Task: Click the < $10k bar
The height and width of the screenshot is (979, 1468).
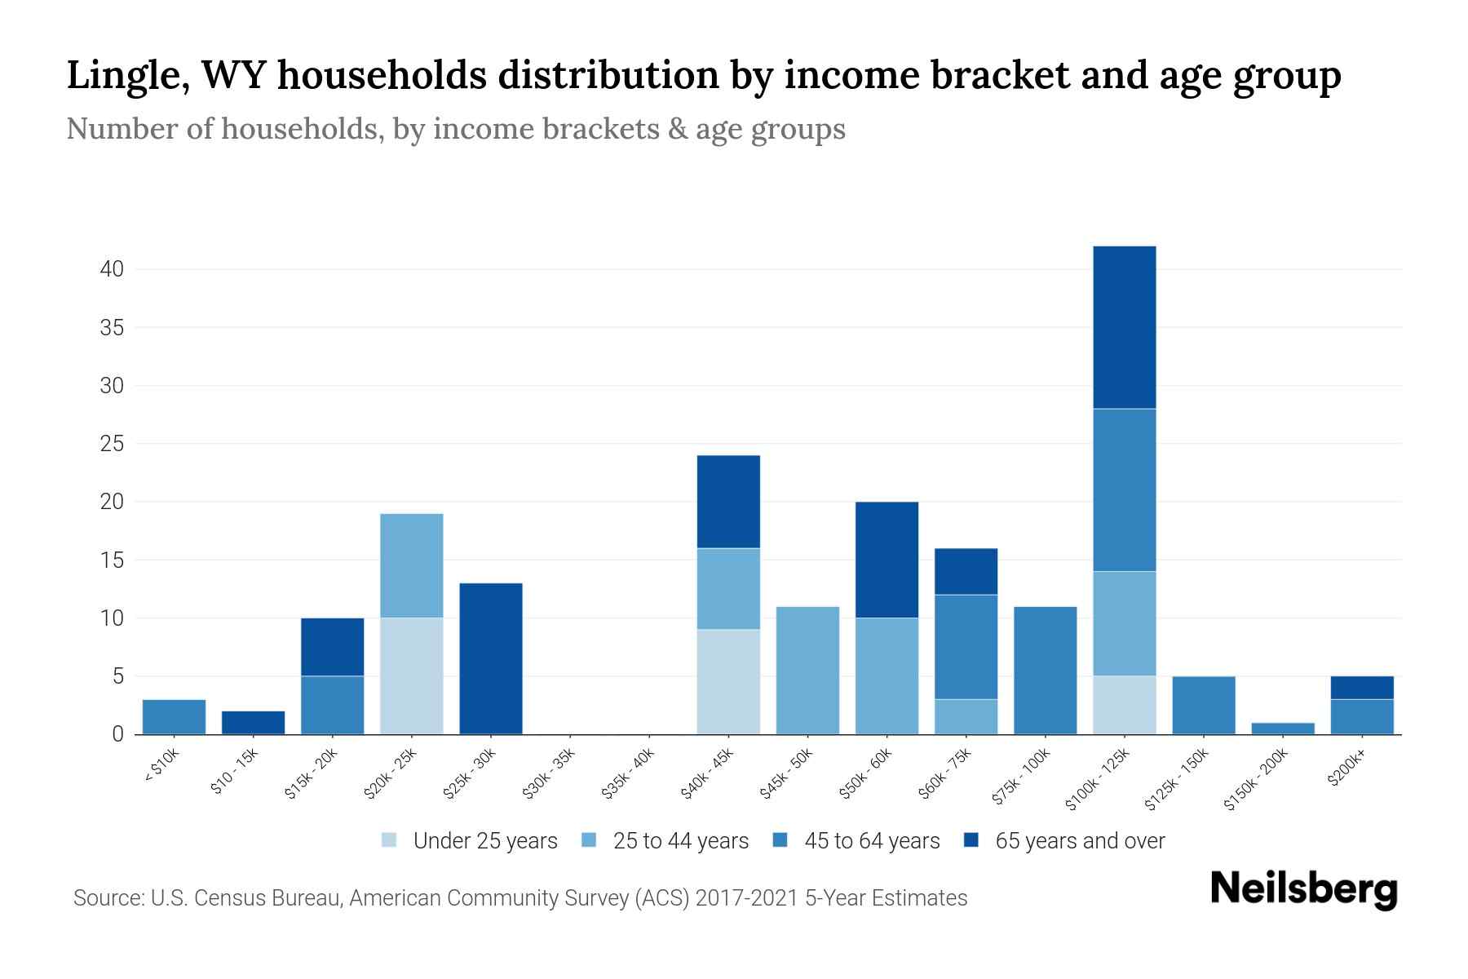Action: (x=174, y=716)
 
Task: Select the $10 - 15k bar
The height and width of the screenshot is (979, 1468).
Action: (x=253, y=722)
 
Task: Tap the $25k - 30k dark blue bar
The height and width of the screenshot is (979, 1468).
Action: (x=491, y=658)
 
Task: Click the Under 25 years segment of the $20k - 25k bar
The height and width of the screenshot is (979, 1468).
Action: (x=412, y=676)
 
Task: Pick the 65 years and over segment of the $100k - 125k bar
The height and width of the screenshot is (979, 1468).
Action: (x=1125, y=327)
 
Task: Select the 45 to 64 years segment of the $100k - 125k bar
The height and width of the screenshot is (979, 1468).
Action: (x=1125, y=489)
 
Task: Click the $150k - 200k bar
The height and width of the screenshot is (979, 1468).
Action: (x=1283, y=728)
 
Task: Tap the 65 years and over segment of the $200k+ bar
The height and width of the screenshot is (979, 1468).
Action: (x=1362, y=688)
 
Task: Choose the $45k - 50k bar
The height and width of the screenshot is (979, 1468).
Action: (x=807, y=670)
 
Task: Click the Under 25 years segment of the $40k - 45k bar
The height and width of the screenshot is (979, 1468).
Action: (x=728, y=681)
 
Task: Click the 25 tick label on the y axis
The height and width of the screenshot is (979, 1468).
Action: (x=112, y=444)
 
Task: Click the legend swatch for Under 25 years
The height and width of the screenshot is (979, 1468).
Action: (x=389, y=840)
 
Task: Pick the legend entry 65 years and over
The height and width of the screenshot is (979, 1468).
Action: (x=1080, y=841)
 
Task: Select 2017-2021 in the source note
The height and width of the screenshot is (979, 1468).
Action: (x=746, y=898)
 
